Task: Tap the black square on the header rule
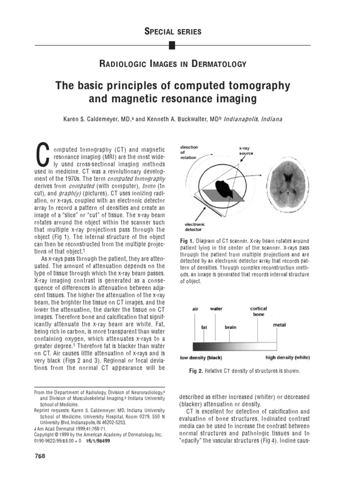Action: (x=172, y=45)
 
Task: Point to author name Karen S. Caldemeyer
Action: (x=97, y=119)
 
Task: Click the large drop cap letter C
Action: (x=43, y=154)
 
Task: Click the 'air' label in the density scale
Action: (x=195, y=309)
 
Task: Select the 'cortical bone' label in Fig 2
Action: (x=258, y=311)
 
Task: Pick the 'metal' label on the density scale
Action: (x=279, y=324)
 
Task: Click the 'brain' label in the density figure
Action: (x=230, y=327)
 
